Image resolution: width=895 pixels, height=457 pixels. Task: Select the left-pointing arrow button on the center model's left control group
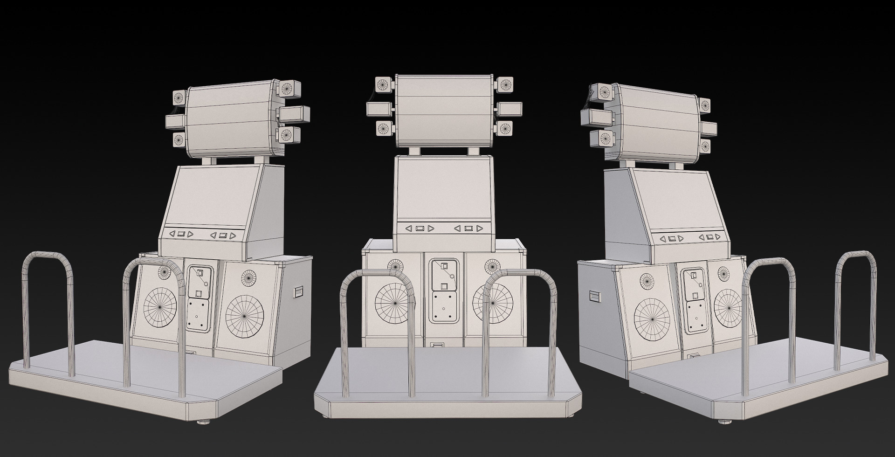pos(408,228)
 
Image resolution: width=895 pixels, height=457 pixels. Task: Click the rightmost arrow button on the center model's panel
pos(480,228)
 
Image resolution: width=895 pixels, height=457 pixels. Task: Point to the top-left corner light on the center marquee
pos(383,84)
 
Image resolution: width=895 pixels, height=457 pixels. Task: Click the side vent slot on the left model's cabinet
pos(298,293)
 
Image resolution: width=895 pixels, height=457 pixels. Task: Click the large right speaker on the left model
pos(244,313)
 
